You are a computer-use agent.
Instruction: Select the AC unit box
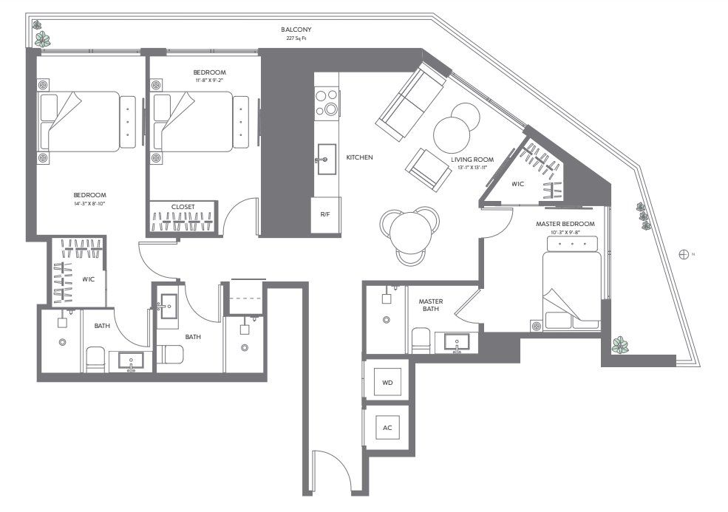click(x=388, y=428)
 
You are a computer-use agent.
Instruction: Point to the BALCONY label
click(x=296, y=30)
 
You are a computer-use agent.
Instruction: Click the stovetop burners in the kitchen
click(x=325, y=103)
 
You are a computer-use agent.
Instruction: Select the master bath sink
click(x=457, y=344)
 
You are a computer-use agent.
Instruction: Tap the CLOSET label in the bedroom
click(x=183, y=207)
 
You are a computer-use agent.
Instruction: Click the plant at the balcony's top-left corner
click(x=43, y=38)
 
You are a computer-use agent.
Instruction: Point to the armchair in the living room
click(x=428, y=169)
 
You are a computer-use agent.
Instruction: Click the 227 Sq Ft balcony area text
click(x=296, y=38)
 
